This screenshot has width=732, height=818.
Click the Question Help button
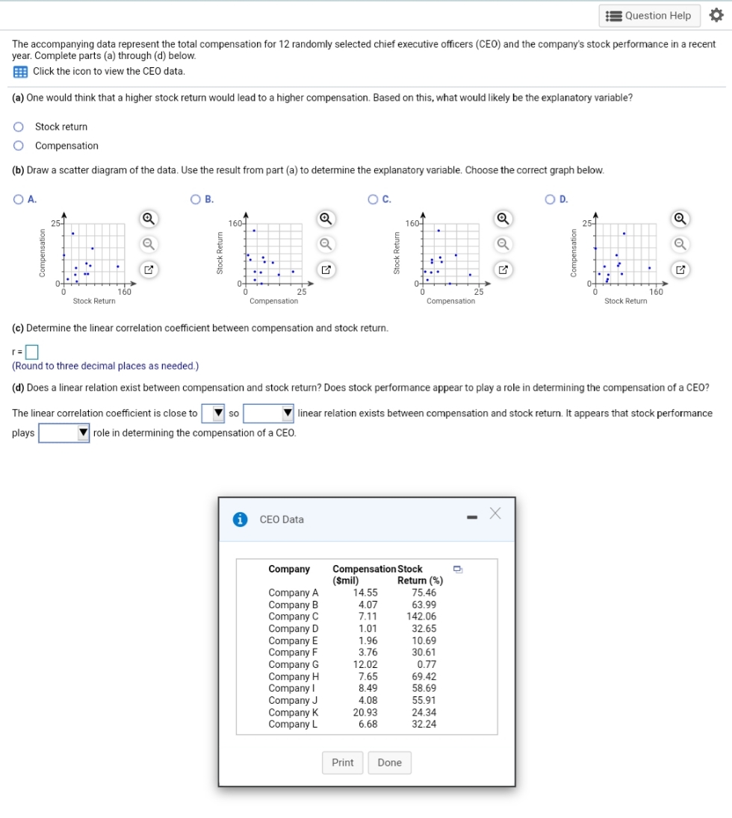649,15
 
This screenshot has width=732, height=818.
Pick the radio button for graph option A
19,199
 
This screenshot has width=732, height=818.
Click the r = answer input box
31,351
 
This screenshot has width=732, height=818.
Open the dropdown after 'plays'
65,433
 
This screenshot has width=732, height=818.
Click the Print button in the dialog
343,763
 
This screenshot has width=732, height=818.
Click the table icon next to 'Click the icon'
20,72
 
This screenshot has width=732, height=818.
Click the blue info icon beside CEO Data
241,519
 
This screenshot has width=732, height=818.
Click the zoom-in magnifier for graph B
326,219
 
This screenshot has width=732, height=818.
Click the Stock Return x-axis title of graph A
94,301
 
